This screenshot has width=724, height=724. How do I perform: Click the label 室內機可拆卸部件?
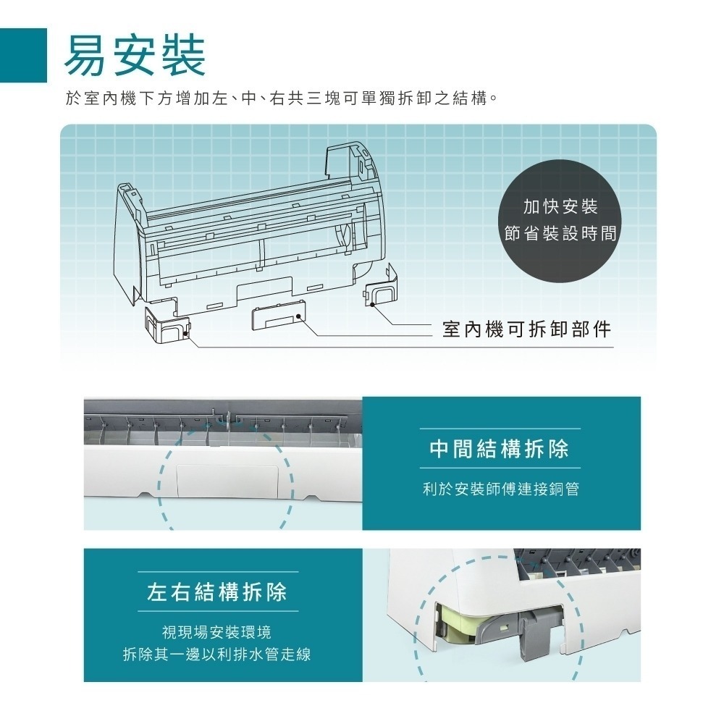click(526, 329)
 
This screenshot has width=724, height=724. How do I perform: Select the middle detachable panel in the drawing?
click(277, 317)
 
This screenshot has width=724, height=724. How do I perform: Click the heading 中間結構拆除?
click(500, 449)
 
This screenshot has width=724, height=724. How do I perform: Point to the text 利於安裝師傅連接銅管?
click(500, 490)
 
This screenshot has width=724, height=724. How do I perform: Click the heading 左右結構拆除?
click(217, 593)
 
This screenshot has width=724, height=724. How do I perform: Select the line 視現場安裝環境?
click(217, 633)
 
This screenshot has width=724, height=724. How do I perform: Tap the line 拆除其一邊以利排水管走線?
click(217, 654)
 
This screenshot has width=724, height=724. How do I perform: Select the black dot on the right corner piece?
click(371, 305)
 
